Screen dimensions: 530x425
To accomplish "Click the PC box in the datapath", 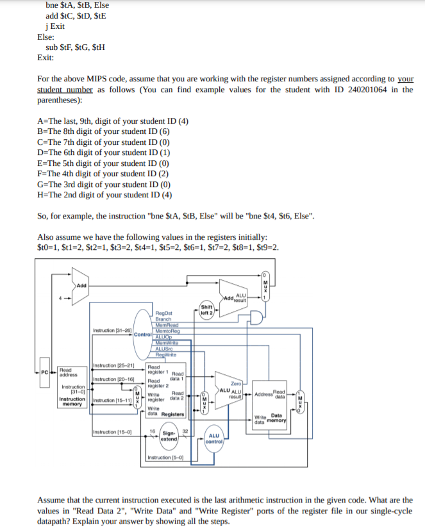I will coord(44,372).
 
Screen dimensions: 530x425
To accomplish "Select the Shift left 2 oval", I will coord(206,309).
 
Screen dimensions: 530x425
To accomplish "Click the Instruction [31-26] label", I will coord(112,330).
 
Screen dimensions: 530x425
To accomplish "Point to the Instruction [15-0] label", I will coord(112,432).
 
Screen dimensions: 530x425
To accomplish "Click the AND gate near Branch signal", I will coord(256,319).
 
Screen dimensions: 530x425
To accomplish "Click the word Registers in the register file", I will coord(172,414).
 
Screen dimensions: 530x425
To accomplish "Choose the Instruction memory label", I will coord(72,402).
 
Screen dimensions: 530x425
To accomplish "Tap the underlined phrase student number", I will coord(65,90).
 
